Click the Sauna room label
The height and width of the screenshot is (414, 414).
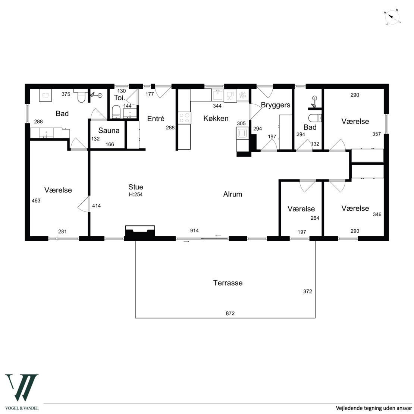[109, 131]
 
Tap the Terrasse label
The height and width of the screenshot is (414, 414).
[228, 283]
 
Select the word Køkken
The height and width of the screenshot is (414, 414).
[216, 118]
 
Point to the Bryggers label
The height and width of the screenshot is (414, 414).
[276, 105]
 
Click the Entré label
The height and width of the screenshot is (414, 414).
[156, 119]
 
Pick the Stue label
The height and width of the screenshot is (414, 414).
[136, 187]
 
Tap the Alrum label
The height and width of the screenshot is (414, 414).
[233, 194]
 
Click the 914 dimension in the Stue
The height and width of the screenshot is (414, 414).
[194, 230]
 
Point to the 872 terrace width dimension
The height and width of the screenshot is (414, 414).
[230, 313]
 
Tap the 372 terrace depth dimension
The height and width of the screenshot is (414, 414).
[308, 292]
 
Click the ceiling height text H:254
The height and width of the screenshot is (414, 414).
[136, 195]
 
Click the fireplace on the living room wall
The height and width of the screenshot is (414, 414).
[140, 231]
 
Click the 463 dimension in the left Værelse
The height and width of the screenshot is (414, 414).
[36, 201]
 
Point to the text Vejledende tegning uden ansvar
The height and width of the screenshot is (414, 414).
[374, 408]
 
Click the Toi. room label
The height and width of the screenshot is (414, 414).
[120, 98]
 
